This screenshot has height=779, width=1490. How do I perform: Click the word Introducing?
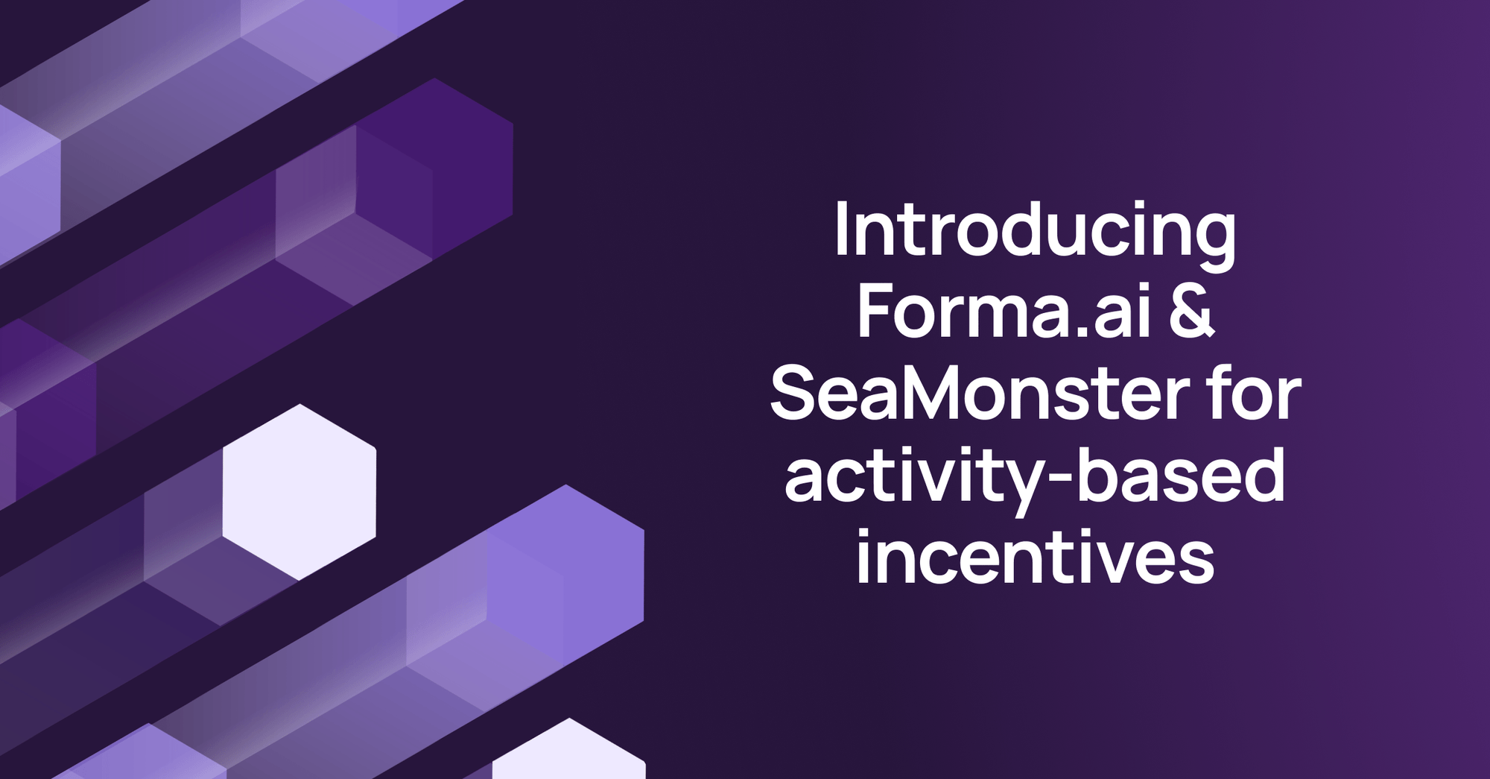pos(1035,230)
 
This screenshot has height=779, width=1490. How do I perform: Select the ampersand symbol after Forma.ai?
pos(1193,312)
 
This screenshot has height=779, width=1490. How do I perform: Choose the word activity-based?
pos(1035,477)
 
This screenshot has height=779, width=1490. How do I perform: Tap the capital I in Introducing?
pos(841,230)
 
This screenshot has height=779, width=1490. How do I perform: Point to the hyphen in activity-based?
pos(1058,481)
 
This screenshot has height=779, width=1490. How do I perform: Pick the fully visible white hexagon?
pos(299,492)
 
